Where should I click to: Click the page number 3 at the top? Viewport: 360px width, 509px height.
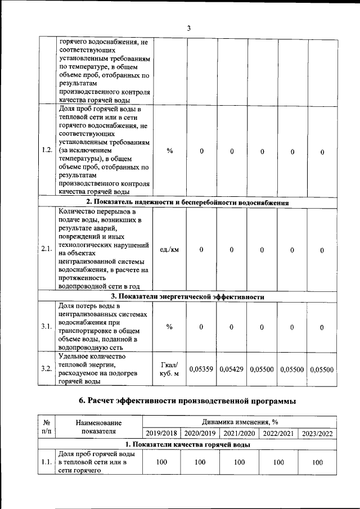[x=189, y=29]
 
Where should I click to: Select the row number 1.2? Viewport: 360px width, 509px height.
[x=47, y=151]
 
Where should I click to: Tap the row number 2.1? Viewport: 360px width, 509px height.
[x=47, y=250]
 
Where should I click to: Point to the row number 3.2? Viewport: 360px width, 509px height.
[x=47, y=369]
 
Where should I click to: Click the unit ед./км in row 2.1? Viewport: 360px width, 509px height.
[x=169, y=250]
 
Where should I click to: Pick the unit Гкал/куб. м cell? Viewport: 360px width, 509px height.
[x=169, y=369]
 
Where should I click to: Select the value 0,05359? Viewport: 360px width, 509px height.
[x=201, y=369]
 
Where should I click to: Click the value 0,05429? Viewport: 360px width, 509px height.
[x=232, y=369]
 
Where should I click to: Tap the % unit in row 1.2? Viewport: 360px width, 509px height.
[x=169, y=151]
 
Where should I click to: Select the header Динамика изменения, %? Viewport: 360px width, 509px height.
[x=240, y=422]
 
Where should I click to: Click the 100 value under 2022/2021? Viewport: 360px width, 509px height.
[x=278, y=462]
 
